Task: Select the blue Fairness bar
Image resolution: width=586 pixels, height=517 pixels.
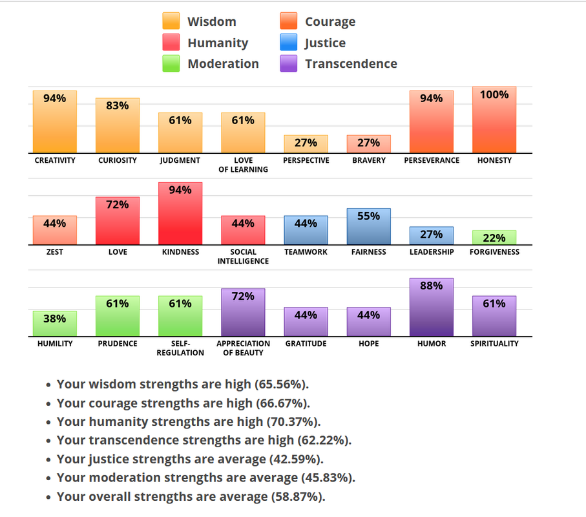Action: (x=368, y=227)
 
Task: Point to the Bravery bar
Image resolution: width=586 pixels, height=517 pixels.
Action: (x=368, y=144)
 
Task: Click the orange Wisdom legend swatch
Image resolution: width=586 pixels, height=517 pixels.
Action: (x=171, y=22)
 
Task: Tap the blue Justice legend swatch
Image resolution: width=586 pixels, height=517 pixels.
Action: (x=289, y=43)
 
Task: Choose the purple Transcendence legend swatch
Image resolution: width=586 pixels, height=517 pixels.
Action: (x=289, y=63)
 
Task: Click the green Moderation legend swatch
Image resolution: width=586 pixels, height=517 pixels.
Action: (x=171, y=63)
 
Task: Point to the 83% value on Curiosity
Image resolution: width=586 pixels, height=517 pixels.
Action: (x=118, y=106)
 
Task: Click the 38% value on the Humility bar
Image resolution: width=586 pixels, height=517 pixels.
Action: (x=55, y=319)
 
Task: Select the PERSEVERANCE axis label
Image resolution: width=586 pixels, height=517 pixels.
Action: (x=432, y=160)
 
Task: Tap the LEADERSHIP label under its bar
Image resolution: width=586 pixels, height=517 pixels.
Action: (x=432, y=252)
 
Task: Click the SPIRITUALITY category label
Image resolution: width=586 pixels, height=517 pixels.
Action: (x=494, y=344)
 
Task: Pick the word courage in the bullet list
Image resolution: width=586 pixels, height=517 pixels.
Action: (x=109, y=403)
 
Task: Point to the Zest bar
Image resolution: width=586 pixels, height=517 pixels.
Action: (x=55, y=231)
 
